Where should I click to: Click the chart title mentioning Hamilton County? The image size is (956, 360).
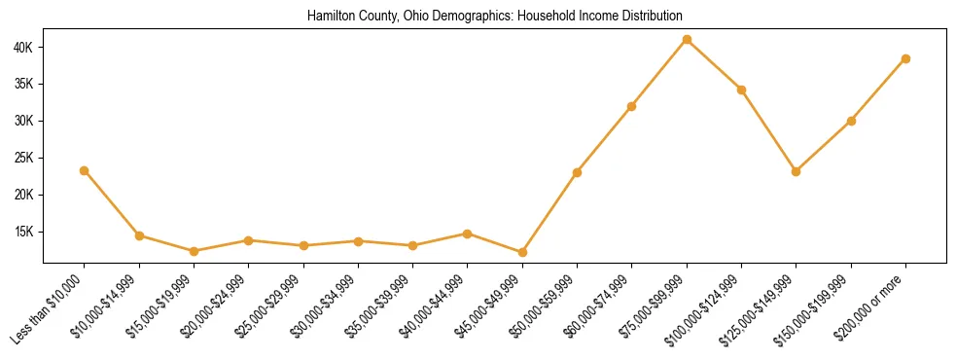(x=495, y=17)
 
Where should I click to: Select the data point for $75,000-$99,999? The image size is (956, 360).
(x=687, y=40)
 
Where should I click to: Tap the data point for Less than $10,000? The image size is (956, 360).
(x=85, y=170)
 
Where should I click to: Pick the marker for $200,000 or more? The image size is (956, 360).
(x=905, y=58)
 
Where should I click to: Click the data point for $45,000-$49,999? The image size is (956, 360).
(x=522, y=252)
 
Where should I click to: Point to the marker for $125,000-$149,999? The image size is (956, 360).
(x=797, y=171)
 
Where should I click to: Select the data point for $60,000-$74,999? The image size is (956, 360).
(x=632, y=106)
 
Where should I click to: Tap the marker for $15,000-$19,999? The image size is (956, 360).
(x=194, y=251)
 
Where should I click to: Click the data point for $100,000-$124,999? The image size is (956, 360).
(x=741, y=90)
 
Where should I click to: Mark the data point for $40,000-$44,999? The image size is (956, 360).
(x=468, y=234)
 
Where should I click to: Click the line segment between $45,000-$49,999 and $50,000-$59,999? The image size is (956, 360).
(x=549, y=212)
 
